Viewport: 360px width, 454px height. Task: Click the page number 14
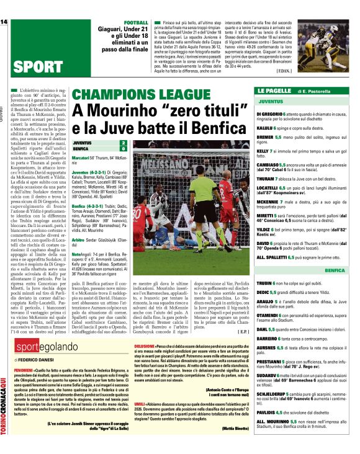4,22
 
